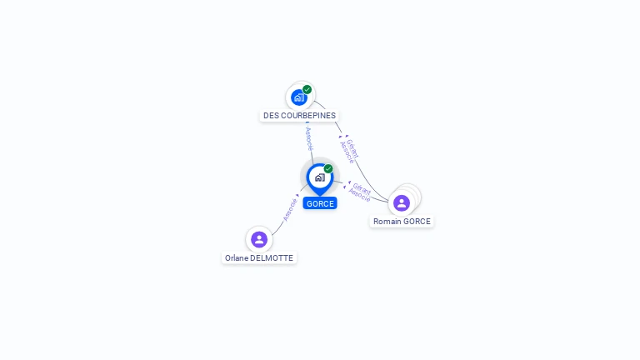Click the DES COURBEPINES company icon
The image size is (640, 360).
299,97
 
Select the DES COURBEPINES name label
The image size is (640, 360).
299,116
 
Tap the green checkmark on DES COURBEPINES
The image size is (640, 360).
307,89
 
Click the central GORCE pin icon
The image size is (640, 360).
319,177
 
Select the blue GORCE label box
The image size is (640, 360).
320,204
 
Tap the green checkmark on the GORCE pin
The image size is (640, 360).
328,168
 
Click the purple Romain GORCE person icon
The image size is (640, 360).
402,202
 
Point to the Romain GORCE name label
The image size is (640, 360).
402,222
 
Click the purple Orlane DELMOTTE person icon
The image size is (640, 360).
259,239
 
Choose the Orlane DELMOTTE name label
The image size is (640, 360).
259,258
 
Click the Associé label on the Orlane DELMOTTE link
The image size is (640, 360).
289,209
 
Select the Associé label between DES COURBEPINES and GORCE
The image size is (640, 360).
309,138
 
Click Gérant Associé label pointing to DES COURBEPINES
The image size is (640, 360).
350,150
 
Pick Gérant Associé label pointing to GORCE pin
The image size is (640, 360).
360,192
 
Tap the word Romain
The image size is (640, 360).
387,222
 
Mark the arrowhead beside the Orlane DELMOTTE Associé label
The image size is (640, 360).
297,196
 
